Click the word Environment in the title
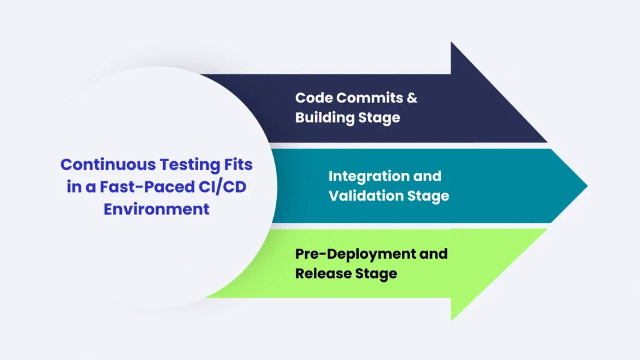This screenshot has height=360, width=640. click(x=157, y=209)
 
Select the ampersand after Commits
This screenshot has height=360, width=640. click(x=412, y=97)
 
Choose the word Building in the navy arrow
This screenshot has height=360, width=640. click(x=326, y=117)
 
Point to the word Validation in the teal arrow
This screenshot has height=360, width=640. click(x=367, y=196)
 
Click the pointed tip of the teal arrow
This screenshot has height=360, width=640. click(x=586, y=185)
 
